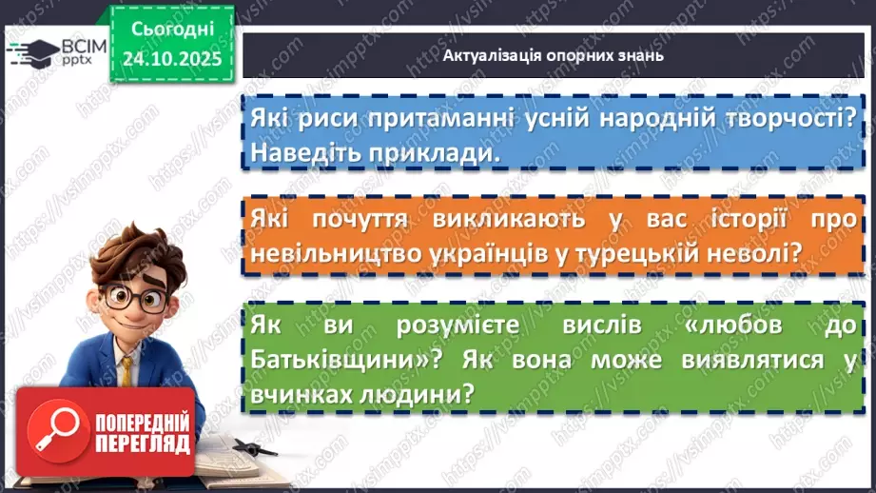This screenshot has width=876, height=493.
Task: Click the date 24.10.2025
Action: (x=171, y=57)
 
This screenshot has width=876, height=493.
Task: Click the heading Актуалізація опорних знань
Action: (x=553, y=55)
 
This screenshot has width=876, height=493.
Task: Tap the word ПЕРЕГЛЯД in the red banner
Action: (x=142, y=444)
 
